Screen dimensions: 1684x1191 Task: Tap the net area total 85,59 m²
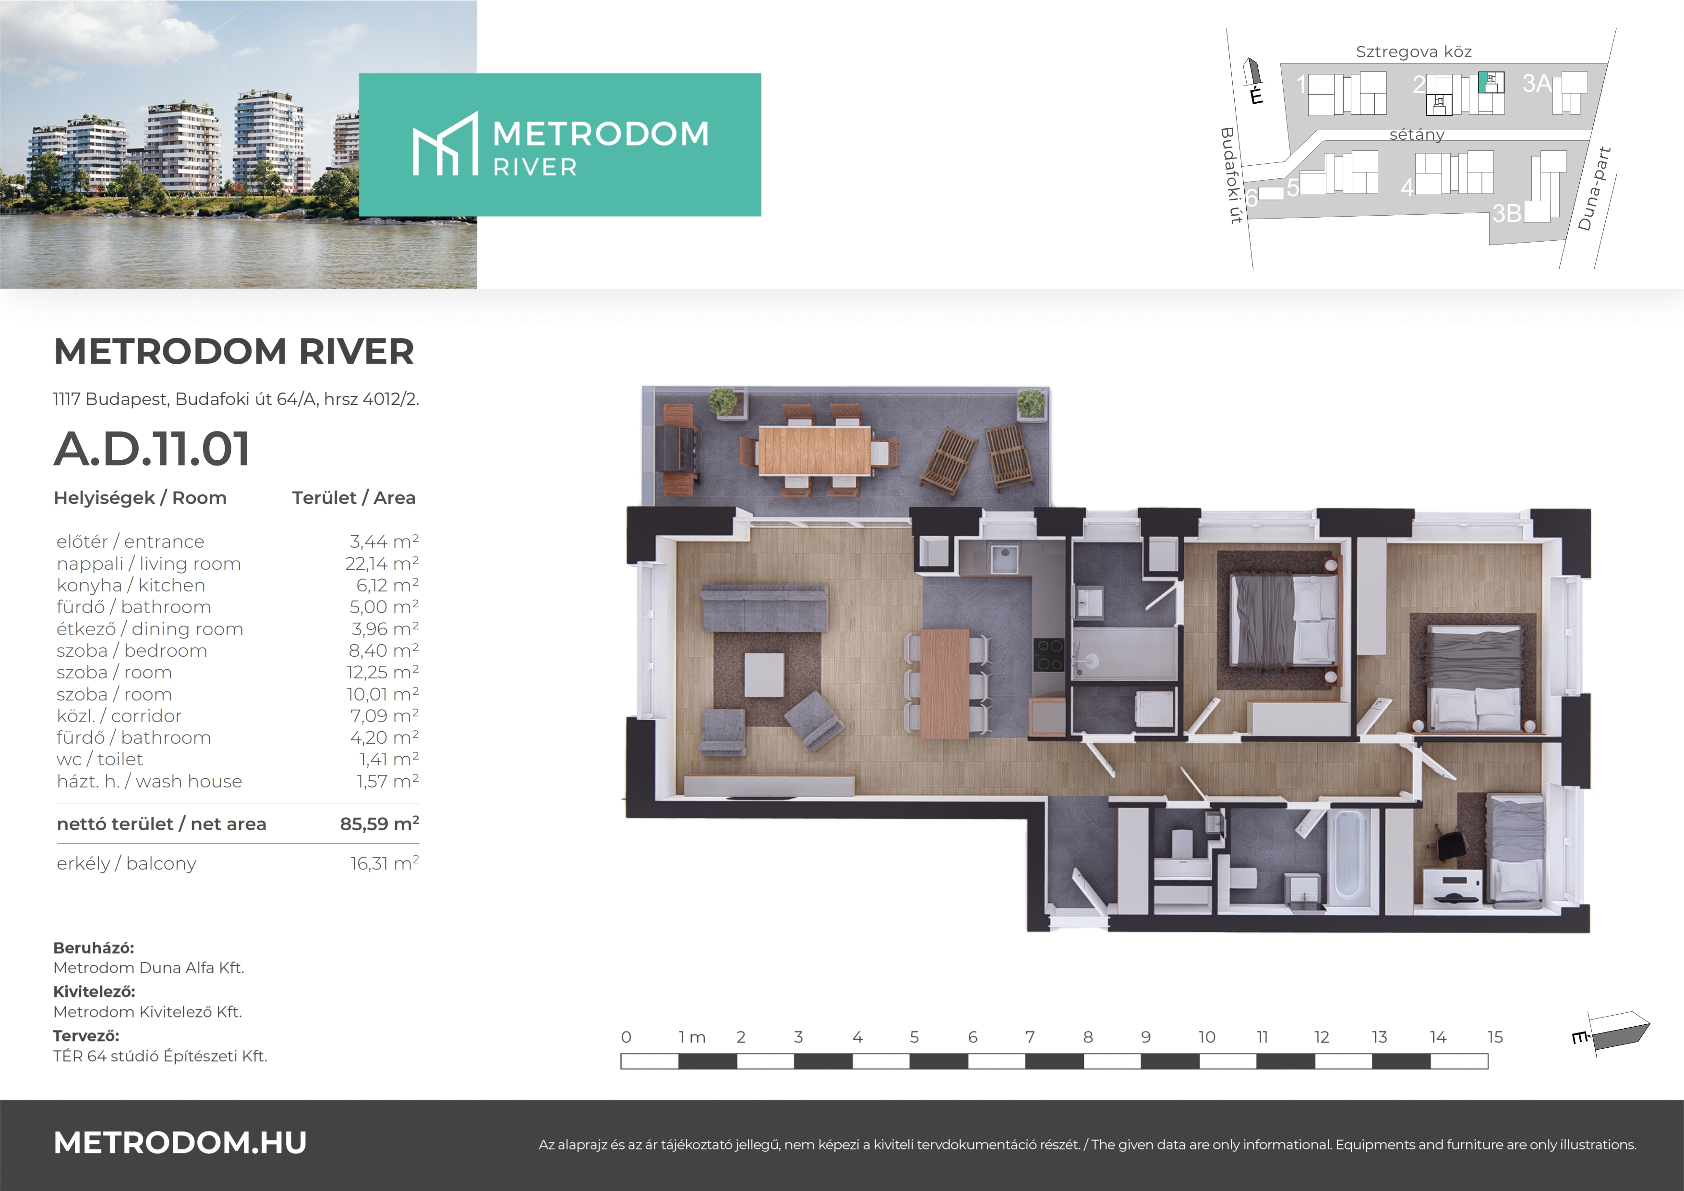[379, 823]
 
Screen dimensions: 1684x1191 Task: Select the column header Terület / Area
[353, 498]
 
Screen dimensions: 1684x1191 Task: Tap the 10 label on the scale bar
[1206, 1037]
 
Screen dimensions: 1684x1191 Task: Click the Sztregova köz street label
[1413, 51]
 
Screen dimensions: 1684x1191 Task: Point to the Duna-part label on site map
[1595, 189]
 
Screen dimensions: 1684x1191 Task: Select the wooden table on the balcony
[815, 451]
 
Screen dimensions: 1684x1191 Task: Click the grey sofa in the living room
[764, 608]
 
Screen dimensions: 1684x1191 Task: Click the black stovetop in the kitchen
[1049, 654]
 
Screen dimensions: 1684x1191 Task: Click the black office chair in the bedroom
[1449, 845]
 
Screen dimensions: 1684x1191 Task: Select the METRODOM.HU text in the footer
[180, 1142]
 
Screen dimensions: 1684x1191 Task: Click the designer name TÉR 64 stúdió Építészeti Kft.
[160, 1056]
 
